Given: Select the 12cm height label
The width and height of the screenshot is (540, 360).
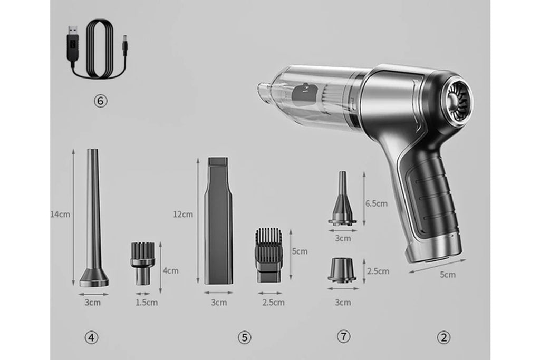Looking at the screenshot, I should point(183,215).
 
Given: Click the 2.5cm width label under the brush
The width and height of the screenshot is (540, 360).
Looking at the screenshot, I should point(273,303).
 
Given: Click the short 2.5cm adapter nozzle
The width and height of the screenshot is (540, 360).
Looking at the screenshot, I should point(342,270).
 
